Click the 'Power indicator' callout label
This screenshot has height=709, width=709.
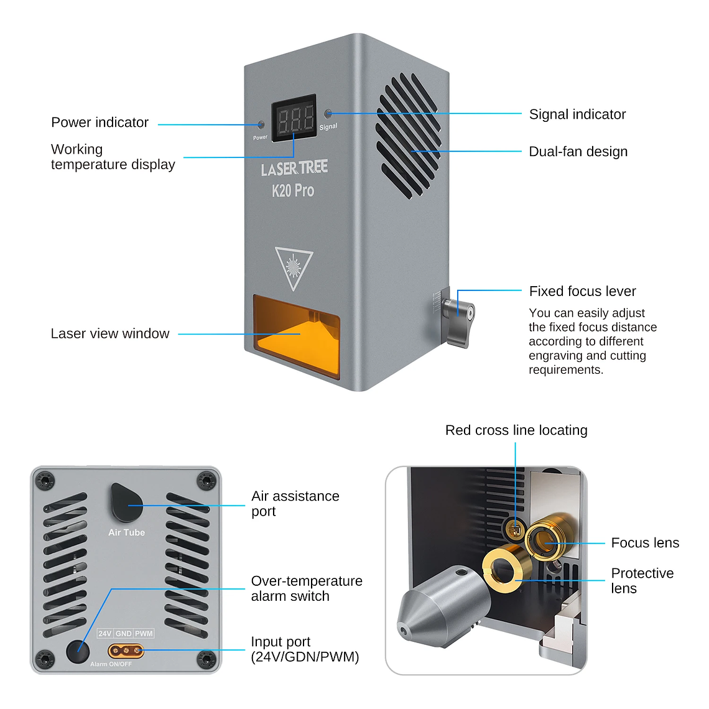click(x=100, y=123)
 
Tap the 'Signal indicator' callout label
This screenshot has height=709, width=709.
click(x=577, y=114)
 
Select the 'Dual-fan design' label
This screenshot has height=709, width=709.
click(x=578, y=152)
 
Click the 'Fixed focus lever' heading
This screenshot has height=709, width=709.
click(x=582, y=291)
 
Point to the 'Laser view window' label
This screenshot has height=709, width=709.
click(x=110, y=334)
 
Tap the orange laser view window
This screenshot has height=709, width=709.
click(x=296, y=336)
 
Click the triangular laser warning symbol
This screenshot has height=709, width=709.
click(x=294, y=267)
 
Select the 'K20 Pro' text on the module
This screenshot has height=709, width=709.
click(x=293, y=191)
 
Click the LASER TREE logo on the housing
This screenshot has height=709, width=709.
click(x=294, y=169)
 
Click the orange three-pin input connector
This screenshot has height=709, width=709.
click(x=126, y=651)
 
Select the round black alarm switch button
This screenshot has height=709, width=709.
click(x=78, y=652)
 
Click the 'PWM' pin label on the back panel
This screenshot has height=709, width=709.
click(x=144, y=634)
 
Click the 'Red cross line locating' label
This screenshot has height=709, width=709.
click(x=516, y=430)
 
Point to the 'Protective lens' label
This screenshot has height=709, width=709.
click(x=642, y=581)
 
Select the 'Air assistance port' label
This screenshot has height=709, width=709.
click(x=295, y=504)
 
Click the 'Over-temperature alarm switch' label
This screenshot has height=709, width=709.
click(x=307, y=588)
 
